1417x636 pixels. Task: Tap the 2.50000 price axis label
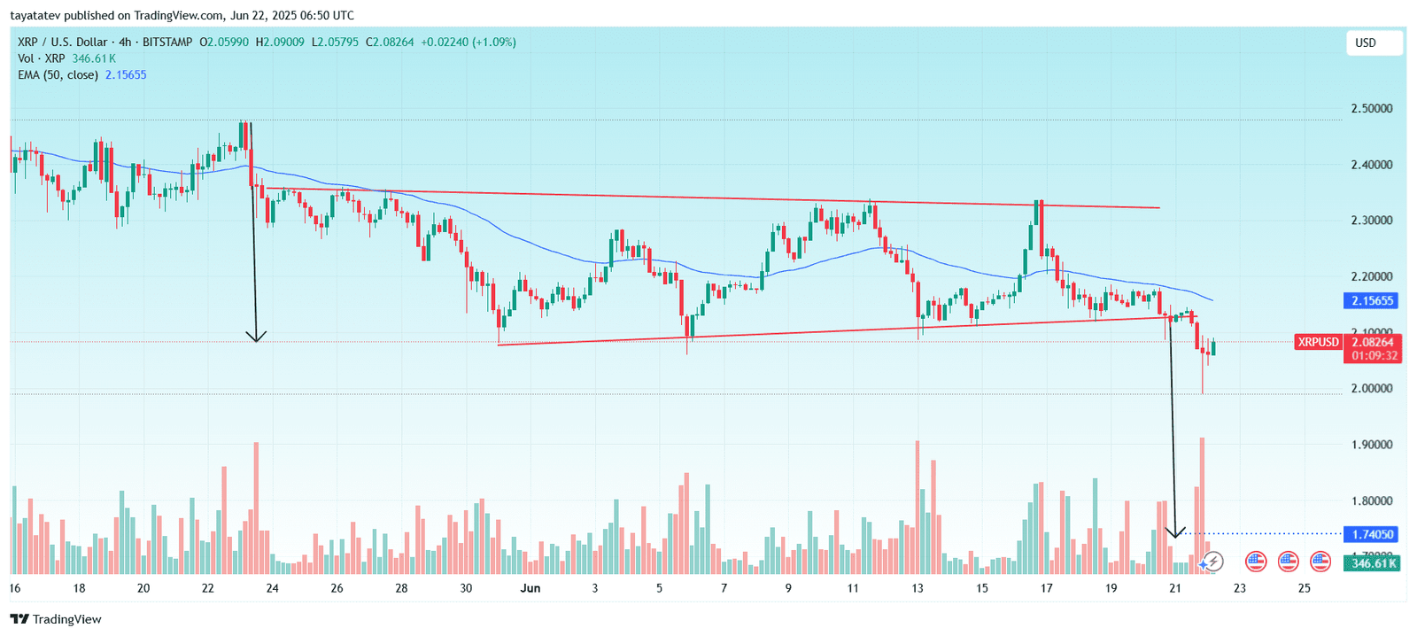click(1371, 109)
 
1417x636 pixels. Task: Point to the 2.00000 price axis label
click(1371, 389)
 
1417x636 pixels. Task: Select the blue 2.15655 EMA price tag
click(1372, 301)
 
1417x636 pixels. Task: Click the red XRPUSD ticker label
click(1319, 342)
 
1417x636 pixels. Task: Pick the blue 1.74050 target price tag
click(1372, 534)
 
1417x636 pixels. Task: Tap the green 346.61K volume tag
click(1372, 563)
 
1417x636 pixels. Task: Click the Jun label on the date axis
click(530, 588)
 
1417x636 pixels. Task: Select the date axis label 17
click(1046, 588)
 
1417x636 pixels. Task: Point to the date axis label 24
click(272, 588)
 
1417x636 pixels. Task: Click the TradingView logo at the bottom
click(56, 619)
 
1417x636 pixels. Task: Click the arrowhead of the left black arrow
click(256, 337)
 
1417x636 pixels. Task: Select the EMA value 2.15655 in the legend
click(126, 75)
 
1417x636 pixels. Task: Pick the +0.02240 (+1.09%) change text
click(468, 42)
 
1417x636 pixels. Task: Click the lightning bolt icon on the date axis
click(1212, 561)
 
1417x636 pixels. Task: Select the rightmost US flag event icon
click(1320, 561)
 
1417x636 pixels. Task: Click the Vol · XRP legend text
click(41, 58)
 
